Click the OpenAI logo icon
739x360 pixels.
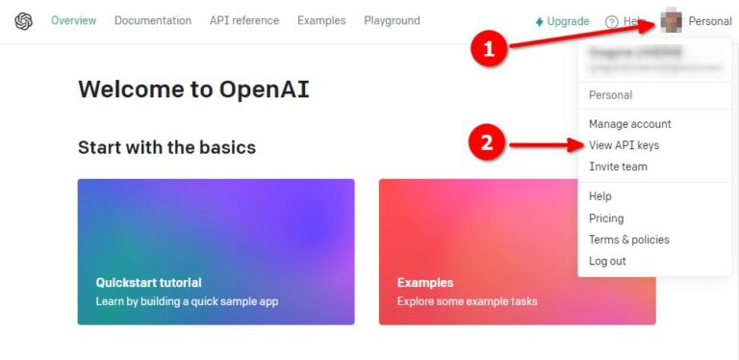pyautogui.click(x=24, y=21)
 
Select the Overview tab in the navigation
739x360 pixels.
pyautogui.click(x=73, y=21)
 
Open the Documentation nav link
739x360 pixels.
pyautogui.click(x=152, y=21)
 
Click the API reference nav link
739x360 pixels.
pyautogui.click(x=244, y=21)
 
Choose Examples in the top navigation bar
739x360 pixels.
pyautogui.click(x=321, y=21)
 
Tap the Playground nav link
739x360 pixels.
pyautogui.click(x=392, y=21)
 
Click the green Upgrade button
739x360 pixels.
pyautogui.click(x=562, y=21)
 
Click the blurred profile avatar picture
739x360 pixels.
pyautogui.click(x=671, y=21)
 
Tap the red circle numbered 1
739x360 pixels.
pyautogui.click(x=489, y=50)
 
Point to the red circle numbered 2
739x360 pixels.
pyautogui.click(x=487, y=144)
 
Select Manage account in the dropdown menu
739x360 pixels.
pyautogui.click(x=629, y=124)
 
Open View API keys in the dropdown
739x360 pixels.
pyautogui.click(x=624, y=145)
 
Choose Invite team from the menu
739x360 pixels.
pyautogui.click(x=618, y=167)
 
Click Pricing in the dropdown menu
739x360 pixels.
pyautogui.click(x=606, y=219)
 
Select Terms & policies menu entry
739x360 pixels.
pyautogui.click(x=628, y=240)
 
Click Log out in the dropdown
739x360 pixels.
pyautogui.click(x=607, y=261)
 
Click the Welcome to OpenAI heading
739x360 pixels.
pyautogui.click(x=193, y=90)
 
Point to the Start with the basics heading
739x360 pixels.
pyautogui.click(x=166, y=147)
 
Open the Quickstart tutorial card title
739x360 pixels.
pyautogui.click(x=149, y=283)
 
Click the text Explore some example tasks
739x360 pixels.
pyautogui.click(x=467, y=301)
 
